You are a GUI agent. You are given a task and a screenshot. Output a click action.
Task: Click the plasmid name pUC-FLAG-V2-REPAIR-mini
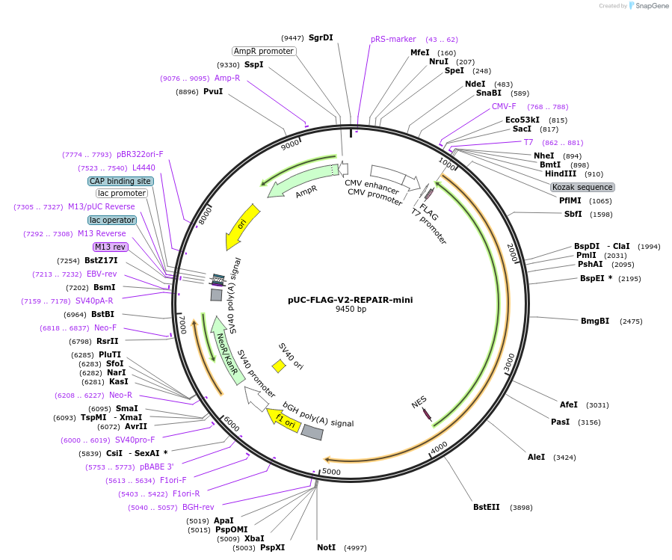pyautogui.click(x=350, y=300)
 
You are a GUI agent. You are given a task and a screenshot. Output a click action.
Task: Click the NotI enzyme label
pyautogui.click(x=326, y=548)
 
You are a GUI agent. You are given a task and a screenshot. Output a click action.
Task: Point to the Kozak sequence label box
pyautogui.click(x=582, y=187)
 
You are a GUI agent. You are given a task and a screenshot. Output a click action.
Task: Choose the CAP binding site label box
pyautogui.click(x=120, y=181)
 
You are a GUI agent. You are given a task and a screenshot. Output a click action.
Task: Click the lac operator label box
pyautogui.click(x=111, y=220)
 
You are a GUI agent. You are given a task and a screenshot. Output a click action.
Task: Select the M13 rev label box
pyautogui.click(x=110, y=247)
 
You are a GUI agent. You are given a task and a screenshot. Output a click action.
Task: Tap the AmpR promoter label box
pyautogui.click(x=263, y=51)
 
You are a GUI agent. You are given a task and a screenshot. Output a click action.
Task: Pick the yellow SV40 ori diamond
pyautogui.click(x=279, y=366)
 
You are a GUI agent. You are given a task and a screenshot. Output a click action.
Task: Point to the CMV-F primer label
pyautogui.click(x=504, y=106)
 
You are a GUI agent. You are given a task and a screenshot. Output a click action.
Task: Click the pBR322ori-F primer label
pyautogui.click(x=140, y=154)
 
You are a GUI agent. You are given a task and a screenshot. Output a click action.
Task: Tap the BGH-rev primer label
pyautogui.click(x=198, y=507)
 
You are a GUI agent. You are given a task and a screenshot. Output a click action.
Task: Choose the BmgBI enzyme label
pyautogui.click(x=595, y=321)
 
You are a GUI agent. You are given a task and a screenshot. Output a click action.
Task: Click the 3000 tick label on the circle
pyautogui.click(x=508, y=362)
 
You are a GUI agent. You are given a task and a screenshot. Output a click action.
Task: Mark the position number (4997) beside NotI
pyautogui.click(x=355, y=548)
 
